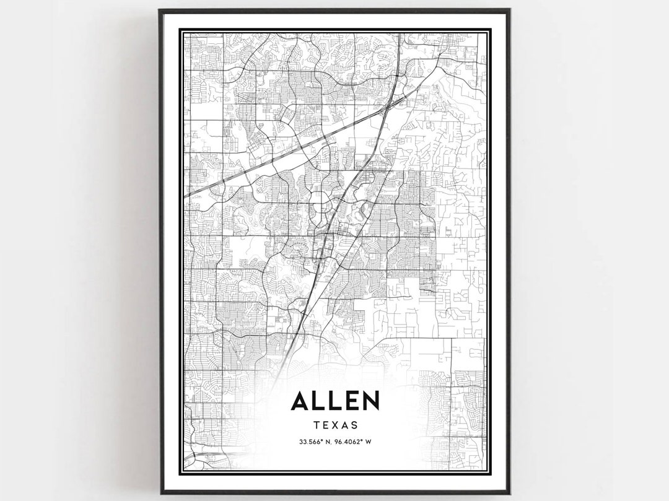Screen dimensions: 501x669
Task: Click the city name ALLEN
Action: tap(334, 401)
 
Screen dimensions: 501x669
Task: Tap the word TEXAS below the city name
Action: tap(334, 425)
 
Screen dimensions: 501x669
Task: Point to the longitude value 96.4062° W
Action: tap(353, 442)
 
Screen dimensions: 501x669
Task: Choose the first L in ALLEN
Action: tap(318, 401)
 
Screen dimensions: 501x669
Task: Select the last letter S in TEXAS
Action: tap(355, 425)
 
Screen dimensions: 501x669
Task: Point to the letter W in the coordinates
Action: tap(369, 442)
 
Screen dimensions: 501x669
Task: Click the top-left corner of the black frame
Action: tap(160, 10)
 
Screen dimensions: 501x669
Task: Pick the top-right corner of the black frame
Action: tap(509, 10)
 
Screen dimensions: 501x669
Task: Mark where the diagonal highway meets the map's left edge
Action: tap(185, 196)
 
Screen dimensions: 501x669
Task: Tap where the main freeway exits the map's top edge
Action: tap(397, 35)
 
